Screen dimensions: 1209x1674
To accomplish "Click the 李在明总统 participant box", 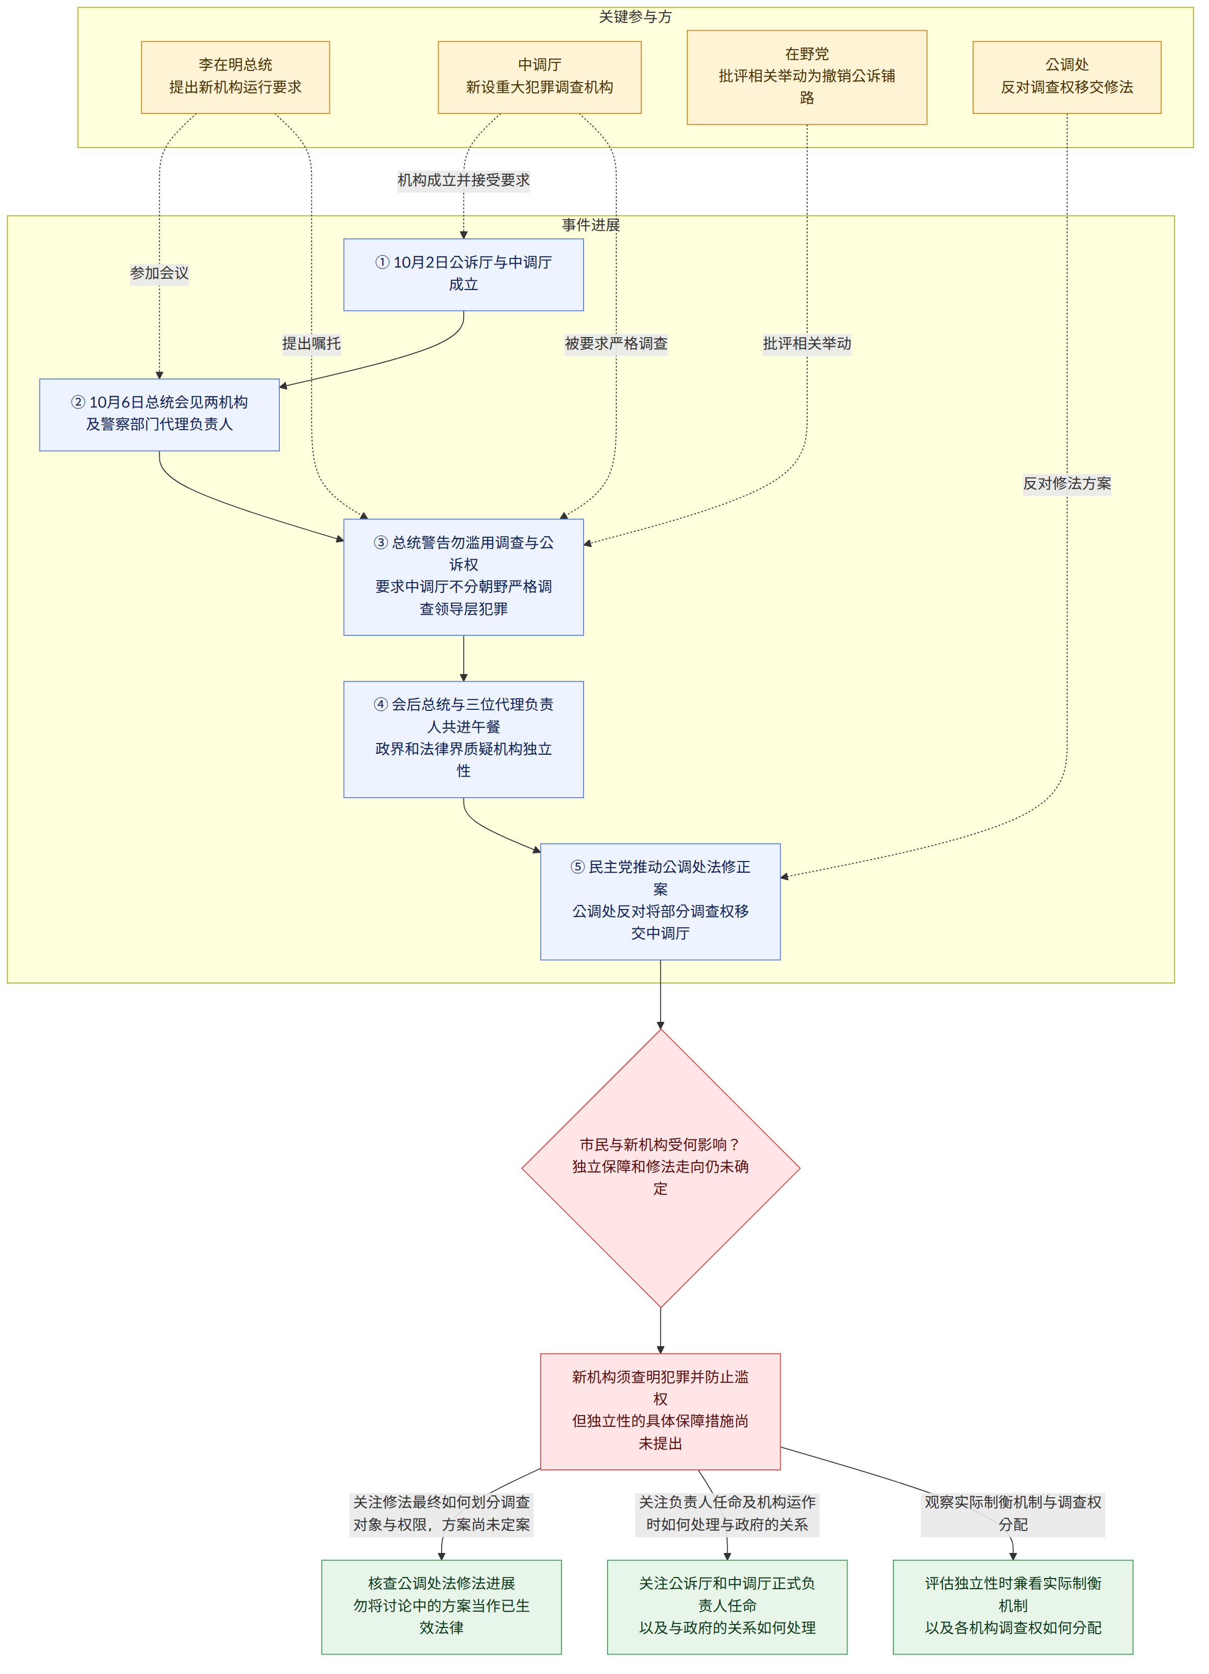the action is tap(235, 78).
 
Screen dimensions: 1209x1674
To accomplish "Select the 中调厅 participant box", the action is tap(540, 78).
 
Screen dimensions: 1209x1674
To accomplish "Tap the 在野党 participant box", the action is tap(807, 78).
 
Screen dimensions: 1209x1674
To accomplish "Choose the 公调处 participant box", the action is tap(1067, 78).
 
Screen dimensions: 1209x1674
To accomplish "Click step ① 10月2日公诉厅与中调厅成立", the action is tap(464, 275).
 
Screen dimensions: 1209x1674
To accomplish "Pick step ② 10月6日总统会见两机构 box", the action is tap(159, 415).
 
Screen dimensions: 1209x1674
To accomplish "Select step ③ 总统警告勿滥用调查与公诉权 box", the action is tap(464, 577).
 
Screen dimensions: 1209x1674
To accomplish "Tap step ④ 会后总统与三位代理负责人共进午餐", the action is tap(464, 739).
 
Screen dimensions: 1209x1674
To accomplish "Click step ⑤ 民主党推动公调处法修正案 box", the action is tap(661, 902).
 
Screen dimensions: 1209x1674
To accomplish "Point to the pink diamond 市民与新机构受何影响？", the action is tap(661, 1168).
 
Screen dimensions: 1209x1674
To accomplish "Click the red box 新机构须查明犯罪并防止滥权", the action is tap(661, 1411).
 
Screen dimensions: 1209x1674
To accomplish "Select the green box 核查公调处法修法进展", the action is tap(442, 1607).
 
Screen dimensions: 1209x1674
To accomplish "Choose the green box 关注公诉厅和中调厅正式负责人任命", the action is tap(727, 1607).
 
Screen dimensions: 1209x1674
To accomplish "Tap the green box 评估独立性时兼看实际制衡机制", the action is tap(1012, 1607).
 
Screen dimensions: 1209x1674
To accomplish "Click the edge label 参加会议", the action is tap(159, 273).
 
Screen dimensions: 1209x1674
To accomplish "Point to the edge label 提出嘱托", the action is tap(311, 343).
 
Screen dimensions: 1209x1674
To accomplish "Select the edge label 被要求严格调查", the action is tap(616, 343).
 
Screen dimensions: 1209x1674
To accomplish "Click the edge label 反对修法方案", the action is tap(1067, 484).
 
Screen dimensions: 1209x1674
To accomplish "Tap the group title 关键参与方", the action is tap(636, 17).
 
